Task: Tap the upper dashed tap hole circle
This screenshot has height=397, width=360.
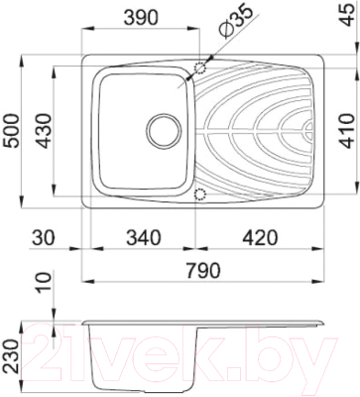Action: pyautogui.click(x=201, y=67)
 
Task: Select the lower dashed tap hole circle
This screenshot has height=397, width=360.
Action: pyautogui.click(x=201, y=195)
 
